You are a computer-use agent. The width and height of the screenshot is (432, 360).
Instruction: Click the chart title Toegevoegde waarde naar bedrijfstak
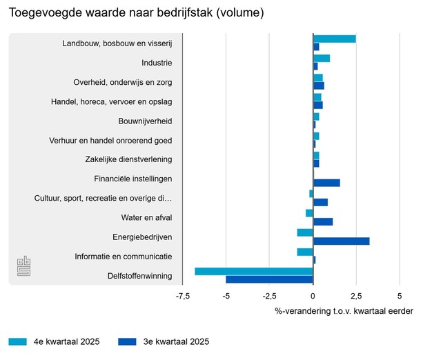pyautogui.click(x=137, y=13)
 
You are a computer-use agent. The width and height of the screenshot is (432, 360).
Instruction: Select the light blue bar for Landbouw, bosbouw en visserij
pyautogui.click(x=335, y=39)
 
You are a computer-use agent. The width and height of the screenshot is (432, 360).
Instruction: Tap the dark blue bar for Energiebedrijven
pyautogui.click(x=341, y=241)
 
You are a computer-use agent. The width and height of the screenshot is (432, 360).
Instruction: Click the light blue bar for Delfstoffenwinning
pyautogui.click(x=254, y=271)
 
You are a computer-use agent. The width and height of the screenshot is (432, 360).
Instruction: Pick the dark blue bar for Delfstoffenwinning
pyautogui.click(x=269, y=279)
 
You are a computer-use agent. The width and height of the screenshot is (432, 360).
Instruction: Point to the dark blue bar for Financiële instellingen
pyautogui.click(x=326, y=183)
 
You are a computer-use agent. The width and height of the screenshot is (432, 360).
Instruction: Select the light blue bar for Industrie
pyautogui.click(x=322, y=59)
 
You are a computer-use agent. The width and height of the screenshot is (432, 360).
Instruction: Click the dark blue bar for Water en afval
pyautogui.click(x=323, y=221)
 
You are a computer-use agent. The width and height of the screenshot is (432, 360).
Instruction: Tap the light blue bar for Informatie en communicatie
pyautogui.click(x=305, y=252)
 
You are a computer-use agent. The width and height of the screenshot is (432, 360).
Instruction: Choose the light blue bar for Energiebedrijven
pyautogui.click(x=305, y=232)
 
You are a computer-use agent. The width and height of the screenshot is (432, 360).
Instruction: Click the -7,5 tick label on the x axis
pyautogui.click(x=183, y=297)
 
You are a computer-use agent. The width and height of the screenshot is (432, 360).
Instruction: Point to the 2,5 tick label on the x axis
pyautogui.click(x=357, y=297)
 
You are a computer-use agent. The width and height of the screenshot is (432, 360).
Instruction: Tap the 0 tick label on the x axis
pyautogui.click(x=313, y=297)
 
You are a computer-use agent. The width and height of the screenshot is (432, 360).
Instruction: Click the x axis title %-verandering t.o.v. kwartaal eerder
pyautogui.click(x=344, y=311)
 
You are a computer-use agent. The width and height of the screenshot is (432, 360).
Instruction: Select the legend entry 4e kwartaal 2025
pyautogui.click(x=55, y=341)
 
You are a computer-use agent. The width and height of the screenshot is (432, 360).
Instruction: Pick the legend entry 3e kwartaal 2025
pyautogui.click(x=164, y=341)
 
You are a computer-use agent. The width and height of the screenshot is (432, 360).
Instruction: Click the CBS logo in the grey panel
pyautogui.click(x=24, y=266)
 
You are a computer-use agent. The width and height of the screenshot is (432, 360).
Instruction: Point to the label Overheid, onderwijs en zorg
pyautogui.click(x=123, y=83)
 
